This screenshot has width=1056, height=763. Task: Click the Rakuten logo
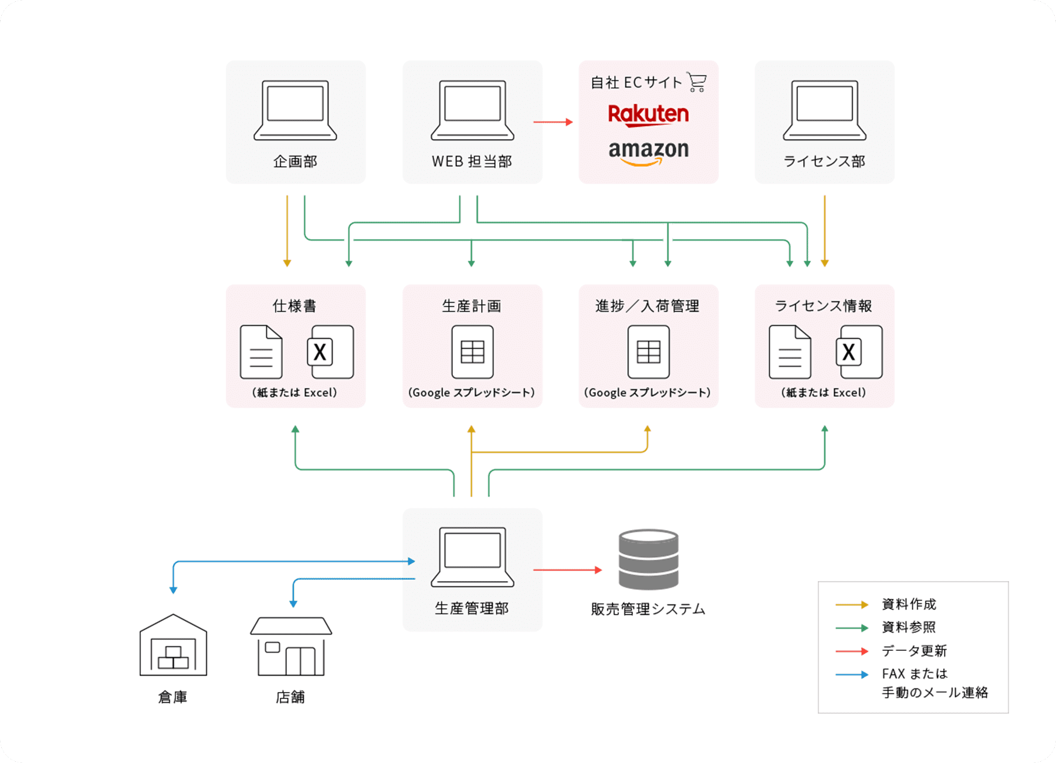click(x=648, y=114)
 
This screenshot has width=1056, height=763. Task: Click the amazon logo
click(x=648, y=151)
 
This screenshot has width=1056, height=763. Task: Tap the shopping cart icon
click(x=697, y=82)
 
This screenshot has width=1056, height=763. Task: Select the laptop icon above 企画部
click(x=295, y=110)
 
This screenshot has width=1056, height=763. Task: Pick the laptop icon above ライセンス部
click(x=824, y=110)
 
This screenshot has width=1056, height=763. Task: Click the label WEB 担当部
click(x=472, y=161)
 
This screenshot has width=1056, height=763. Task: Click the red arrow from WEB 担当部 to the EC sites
click(x=553, y=122)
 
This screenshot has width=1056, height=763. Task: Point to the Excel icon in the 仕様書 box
click(x=330, y=352)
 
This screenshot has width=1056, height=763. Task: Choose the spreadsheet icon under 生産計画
click(x=472, y=352)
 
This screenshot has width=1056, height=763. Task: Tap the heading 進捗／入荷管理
click(x=648, y=306)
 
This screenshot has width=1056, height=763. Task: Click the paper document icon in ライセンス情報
click(x=790, y=352)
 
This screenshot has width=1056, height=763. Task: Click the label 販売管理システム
click(x=648, y=609)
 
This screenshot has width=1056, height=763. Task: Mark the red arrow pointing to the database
click(x=567, y=569)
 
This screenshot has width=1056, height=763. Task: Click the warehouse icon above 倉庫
click(x=173, y=645)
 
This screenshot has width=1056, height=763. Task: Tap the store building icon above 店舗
click(x=291, y=646)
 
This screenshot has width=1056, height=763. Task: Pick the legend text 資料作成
click(x=909, y=604)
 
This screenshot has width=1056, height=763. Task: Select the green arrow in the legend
click(x=852, y=628)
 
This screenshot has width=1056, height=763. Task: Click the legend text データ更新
click(x=914, y=651)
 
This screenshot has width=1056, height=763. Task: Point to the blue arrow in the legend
click(x=852, y=674)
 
